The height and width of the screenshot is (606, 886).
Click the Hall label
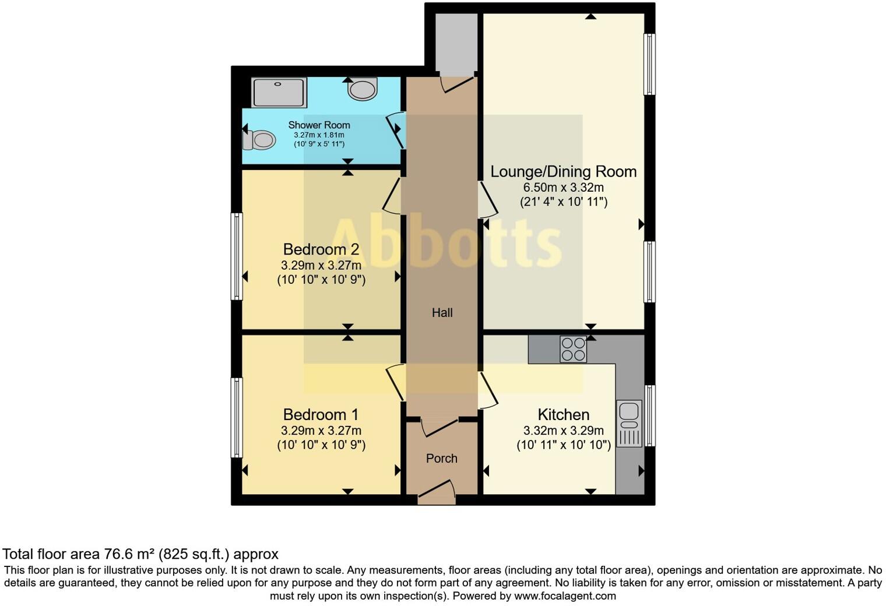(442, 313)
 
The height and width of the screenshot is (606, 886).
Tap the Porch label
(441, 459)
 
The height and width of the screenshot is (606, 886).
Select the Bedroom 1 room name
(321, 415)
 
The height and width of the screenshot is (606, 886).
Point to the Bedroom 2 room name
(321, 249)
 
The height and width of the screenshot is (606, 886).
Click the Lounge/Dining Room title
(563, 172)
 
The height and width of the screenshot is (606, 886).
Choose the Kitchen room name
(563, 415)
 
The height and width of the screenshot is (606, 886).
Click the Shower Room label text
(319, 125)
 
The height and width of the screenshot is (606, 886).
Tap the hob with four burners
(573, 349)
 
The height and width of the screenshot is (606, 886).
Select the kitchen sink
(629, 423)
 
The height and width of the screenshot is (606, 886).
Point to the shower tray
(279, 93)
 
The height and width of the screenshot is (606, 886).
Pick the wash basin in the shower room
(363, 89)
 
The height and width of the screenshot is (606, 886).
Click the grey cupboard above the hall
(456, 42)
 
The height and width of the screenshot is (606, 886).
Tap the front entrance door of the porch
(437, 493)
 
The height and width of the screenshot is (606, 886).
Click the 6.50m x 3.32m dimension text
(563, 188)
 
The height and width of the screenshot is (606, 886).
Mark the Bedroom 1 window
(237, 417)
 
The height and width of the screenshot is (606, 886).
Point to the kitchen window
(649, 415)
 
